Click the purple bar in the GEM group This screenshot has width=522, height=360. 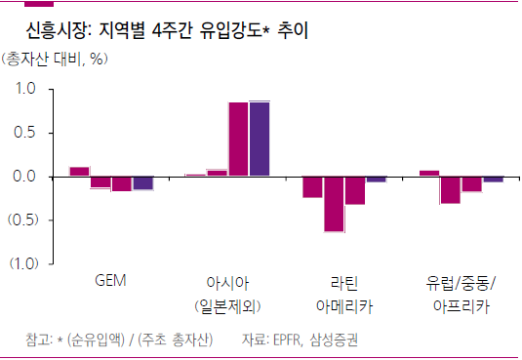click(x=142, y=182)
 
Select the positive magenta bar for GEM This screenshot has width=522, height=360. click(x=80, y=172)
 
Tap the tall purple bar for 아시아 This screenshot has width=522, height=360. click(x=259, y=139)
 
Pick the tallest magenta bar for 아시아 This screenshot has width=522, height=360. click(x=238, y=139)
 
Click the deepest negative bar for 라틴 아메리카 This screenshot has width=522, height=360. click(x=334, y=204)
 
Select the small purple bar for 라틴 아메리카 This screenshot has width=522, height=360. click(x=376, y=180)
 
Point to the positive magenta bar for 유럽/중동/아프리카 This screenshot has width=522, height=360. click(x=429, y=174)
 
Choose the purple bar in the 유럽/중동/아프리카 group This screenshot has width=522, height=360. click(x=493, y=180)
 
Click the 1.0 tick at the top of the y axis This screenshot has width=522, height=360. click(x=25, y=89)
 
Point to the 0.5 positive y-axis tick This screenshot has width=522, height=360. click(x=25, y=133)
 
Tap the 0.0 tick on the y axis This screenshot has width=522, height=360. click(x=25, y=177)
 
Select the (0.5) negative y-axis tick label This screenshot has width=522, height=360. click(x=22, y=220)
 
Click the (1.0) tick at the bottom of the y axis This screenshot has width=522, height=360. click(x=22, y=263)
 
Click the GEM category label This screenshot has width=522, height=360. click(x=111, y=282)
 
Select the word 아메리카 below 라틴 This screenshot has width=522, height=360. click(x=343, y=306)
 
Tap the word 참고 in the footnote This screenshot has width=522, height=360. click(x=37, y=340)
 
